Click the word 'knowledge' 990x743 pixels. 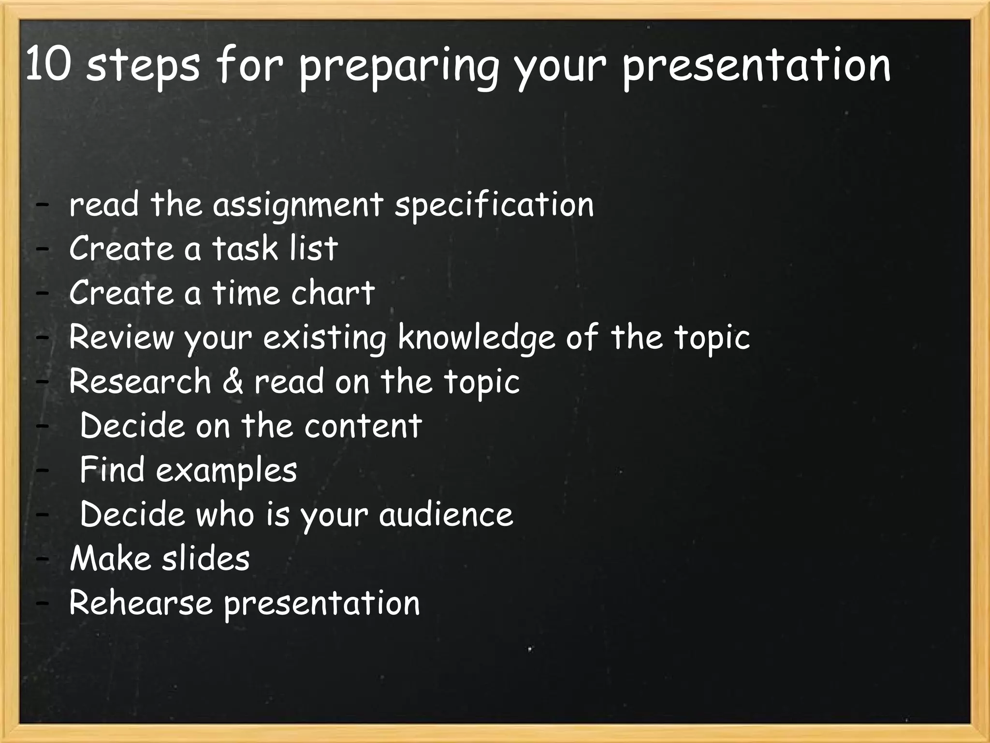pos(476,338)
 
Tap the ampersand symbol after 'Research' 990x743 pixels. pos(233,381)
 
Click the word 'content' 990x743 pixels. pos(363,426)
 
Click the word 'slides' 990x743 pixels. pos(205,559)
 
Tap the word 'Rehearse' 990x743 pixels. pos(141,603)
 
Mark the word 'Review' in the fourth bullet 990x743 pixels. pos(121,337)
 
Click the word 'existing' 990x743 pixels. pos(324,338)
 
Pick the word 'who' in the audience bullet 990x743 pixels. pos(225,514)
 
